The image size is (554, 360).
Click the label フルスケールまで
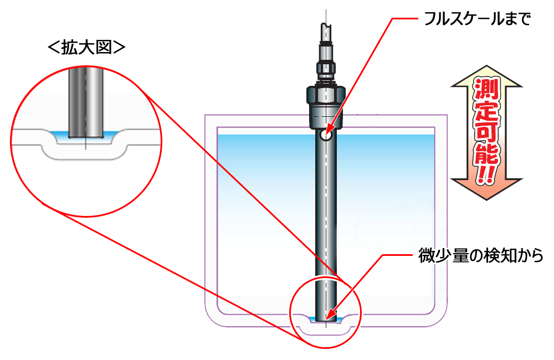tap(477, 18)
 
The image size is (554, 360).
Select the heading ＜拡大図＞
tap(86, 48)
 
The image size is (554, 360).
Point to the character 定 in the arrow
tap(487, 110)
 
